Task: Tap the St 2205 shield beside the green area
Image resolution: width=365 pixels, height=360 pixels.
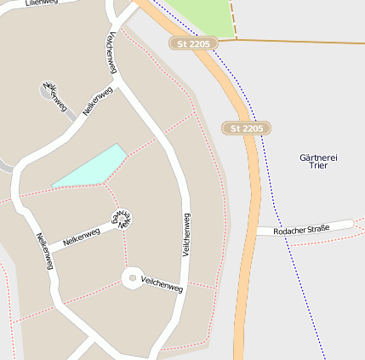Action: point(193,43)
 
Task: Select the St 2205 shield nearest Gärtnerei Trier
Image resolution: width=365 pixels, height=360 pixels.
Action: point(247,128)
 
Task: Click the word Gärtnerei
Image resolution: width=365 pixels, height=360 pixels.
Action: point(319,157)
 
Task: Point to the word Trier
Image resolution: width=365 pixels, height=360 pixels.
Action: point(319,167)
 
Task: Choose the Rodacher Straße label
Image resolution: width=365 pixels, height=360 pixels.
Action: point(305,229)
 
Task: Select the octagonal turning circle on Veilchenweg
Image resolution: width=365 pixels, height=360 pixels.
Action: point(132,277)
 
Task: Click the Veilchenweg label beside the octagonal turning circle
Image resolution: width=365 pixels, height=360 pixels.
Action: point(163,284)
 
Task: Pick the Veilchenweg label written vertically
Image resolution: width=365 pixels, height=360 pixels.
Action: point(185,234)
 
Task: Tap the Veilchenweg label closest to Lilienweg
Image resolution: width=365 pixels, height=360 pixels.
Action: point(111,54)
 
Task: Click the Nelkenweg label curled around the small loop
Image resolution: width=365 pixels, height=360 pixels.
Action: point(124,218)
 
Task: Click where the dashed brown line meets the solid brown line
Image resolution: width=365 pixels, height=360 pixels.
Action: point(233,39)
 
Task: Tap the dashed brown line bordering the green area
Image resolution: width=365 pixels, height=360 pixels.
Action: point(231,17)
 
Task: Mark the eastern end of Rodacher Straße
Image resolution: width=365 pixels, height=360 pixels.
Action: point(351,224)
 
